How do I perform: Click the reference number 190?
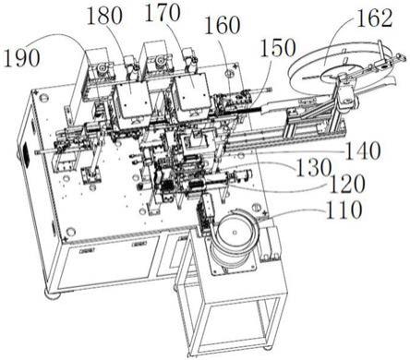coord(21,58)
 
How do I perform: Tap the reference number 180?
coord(104,17)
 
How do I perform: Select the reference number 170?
coord(163,13)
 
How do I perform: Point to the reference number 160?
coord(223,25)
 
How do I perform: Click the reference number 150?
coord(278,48)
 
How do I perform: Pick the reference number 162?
coord(375,18)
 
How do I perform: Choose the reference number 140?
coord(362,151)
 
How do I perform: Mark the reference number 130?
coord(314,168)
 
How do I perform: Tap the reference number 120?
coord(347,184)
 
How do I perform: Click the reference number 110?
coord(344,210)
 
